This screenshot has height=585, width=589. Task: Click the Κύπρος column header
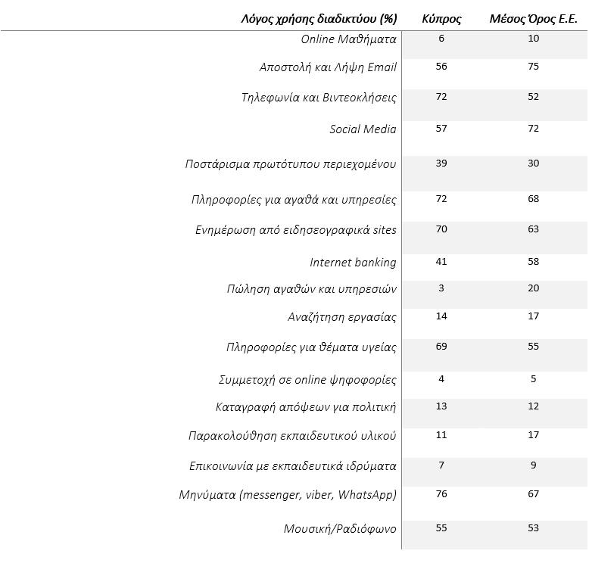pos(441,19)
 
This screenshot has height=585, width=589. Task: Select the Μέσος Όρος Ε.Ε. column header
pos(534,19)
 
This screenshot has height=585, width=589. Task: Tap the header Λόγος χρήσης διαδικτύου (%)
pos(319,19)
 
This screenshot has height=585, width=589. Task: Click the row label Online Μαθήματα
pos(348,39)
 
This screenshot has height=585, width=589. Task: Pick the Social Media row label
pos(363,129)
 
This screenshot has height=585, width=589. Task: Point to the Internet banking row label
pos(353,262)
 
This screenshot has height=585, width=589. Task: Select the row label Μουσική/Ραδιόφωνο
pos(340,529)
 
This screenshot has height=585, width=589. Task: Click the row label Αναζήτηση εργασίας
pos(342,317)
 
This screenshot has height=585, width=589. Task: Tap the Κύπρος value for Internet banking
pos(441,261)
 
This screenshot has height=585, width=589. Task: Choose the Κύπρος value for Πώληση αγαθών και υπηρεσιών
pos(441,288)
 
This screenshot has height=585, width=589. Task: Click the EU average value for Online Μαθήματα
pos(534,39)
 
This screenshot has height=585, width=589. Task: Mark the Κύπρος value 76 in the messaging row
pos(441,493)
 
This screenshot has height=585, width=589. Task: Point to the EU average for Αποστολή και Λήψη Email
pos(534,67)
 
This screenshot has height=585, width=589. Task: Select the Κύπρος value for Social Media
pos(441,129)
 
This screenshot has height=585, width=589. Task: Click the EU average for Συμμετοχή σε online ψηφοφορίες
pos(534,379)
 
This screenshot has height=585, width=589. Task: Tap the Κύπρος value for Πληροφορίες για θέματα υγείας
pos(441,346)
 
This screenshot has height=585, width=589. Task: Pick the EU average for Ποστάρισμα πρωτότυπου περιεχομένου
pos(534,163)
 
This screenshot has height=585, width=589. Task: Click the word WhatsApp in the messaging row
pos(367,495)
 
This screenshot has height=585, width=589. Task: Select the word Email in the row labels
pos(382,67)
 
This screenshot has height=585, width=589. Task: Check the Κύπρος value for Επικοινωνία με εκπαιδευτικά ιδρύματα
pos(441,465)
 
